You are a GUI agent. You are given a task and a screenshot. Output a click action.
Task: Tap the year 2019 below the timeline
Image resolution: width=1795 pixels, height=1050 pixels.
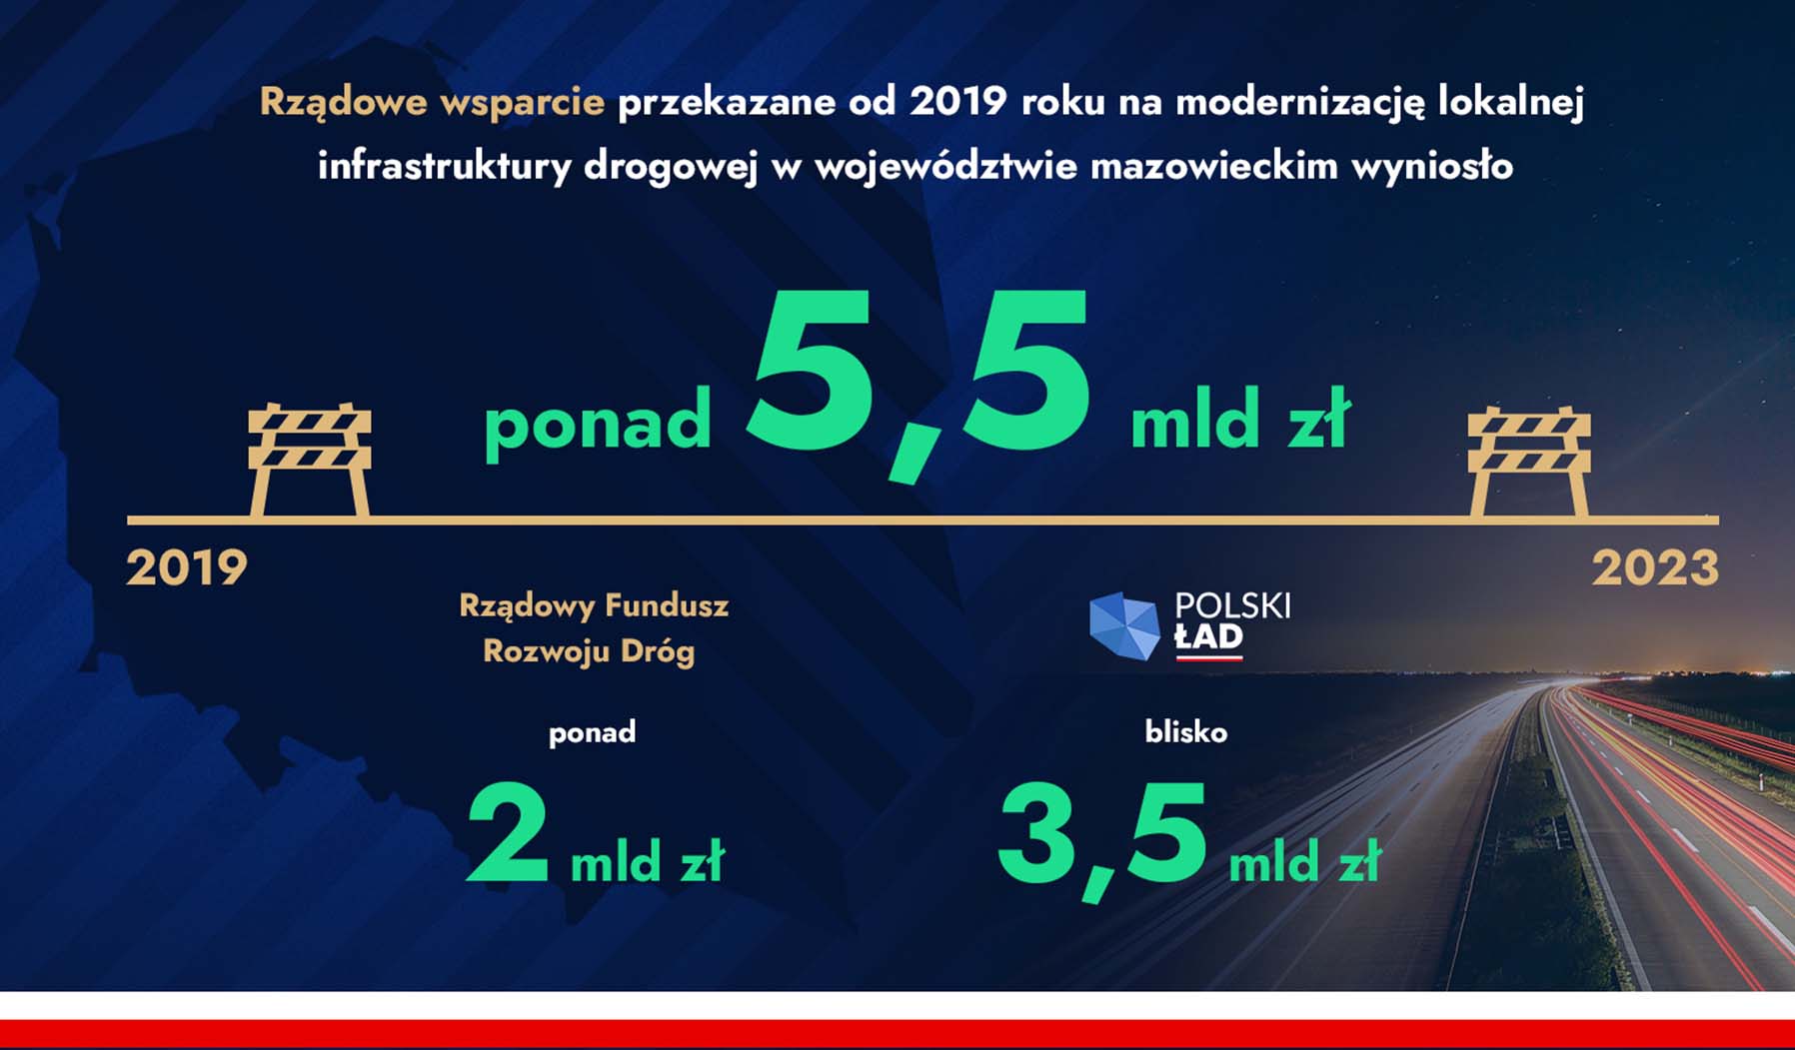(187, 568)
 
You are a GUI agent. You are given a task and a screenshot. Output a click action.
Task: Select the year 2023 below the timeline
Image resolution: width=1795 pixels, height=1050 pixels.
(1655, 568)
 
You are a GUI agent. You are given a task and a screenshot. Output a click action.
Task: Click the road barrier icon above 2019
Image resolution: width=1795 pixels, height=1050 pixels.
(310, 460)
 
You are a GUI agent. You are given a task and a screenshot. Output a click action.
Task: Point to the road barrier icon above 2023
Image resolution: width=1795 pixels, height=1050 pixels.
(1529, 461)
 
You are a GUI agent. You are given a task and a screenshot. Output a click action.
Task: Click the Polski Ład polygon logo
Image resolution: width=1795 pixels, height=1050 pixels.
(1124, 625)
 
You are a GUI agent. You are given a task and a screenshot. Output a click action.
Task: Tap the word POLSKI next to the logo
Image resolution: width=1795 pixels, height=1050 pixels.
(1232, 605)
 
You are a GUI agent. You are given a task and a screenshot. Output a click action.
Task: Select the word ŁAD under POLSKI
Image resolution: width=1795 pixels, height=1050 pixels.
(1208, 637)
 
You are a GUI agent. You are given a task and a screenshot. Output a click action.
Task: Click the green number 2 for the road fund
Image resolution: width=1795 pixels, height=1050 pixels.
(509, 832)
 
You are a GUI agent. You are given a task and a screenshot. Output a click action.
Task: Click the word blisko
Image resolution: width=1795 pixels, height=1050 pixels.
(1186, 732)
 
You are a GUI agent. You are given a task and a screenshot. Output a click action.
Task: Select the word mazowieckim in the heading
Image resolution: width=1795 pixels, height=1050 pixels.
(1213, 166)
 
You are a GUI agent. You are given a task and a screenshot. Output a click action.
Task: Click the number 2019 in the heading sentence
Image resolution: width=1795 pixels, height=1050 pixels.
(957, 102)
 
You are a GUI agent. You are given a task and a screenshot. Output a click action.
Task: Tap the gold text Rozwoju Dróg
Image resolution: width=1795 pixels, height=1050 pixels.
(589, 651)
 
